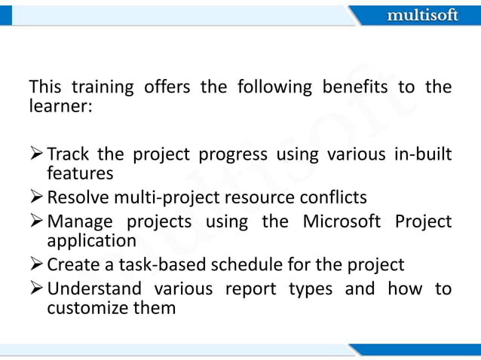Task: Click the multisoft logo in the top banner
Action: point(421,15)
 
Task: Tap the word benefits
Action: point(353,87)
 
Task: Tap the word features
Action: point(79,173)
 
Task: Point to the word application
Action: point(91,240)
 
